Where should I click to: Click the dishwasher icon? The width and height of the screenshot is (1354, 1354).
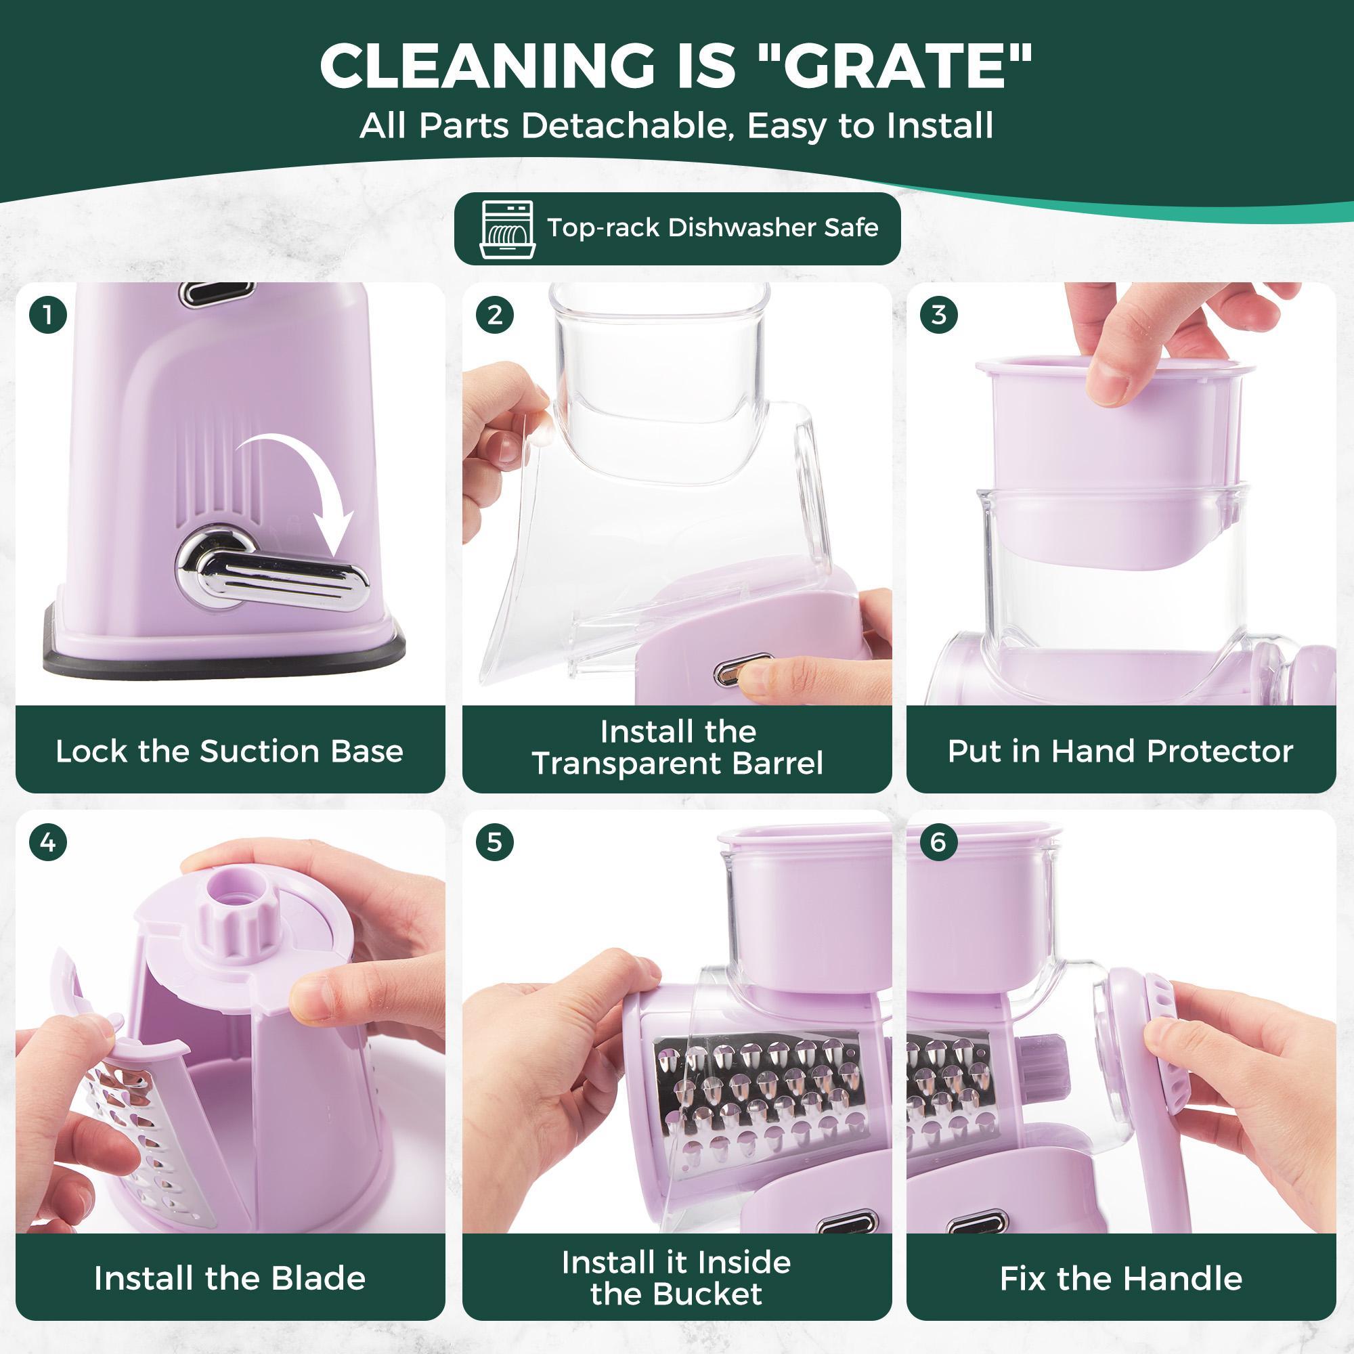[x=507, y=230]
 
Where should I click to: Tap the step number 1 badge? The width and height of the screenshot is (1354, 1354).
[x=47, y=315]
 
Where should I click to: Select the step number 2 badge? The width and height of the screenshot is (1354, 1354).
[x=494, y=315]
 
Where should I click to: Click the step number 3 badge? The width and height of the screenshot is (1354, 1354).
[x=939, y=315]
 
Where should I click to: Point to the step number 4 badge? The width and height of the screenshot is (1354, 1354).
[x=47, y=842]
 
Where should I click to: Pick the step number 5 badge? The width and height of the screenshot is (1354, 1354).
[x=494, y=842]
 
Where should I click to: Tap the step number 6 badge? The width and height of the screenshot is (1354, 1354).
[x=939, y=842]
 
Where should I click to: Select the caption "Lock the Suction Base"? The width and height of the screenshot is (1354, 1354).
[x=230, y=751]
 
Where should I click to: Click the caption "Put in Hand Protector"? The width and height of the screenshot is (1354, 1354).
[x=1120, y=751]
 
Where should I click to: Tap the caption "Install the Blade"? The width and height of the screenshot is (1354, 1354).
[x=230, y=1278]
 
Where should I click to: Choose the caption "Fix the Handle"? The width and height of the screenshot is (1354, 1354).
[x=1120, y=1278]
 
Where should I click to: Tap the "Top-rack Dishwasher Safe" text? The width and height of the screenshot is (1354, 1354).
[x=713, y=227]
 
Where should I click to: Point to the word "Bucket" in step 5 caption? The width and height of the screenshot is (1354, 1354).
[x=716, y=1294]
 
